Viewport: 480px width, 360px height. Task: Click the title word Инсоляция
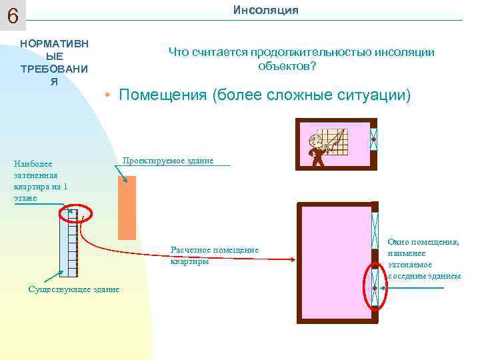(265, 10)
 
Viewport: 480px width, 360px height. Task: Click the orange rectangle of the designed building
(127, 207)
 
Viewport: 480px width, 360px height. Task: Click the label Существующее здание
(73, 289)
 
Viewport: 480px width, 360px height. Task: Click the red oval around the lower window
(374, 287)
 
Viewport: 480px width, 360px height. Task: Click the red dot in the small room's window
(374, 140)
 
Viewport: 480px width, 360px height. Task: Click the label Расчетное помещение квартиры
(214, 255)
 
